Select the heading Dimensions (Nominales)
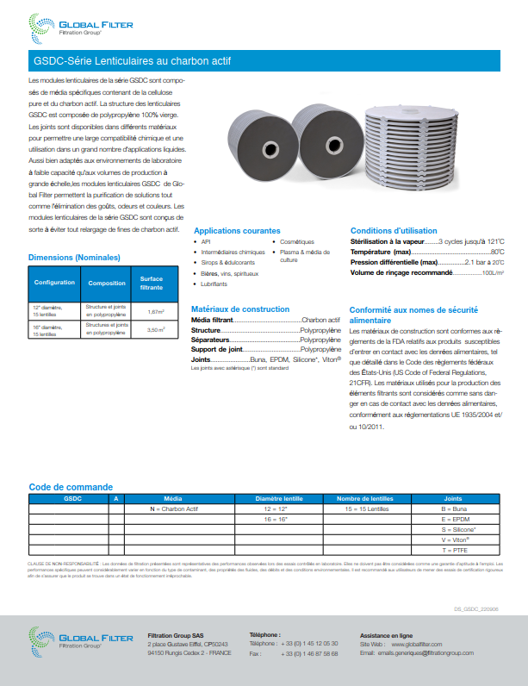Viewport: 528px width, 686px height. click(x=74, y=257)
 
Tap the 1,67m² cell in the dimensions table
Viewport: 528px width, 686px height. click(x=156, y=311)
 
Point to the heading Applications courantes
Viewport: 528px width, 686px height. click(x=237, y=231)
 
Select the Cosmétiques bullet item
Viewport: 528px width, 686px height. click(x=297, y=242)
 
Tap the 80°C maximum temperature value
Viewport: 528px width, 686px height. click(x=497, y=252)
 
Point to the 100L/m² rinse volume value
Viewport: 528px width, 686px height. click(x=493, y=272)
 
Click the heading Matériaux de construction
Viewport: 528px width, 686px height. click(x=239, y=309)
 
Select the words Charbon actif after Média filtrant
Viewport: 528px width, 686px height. click(x=320, y=319)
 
